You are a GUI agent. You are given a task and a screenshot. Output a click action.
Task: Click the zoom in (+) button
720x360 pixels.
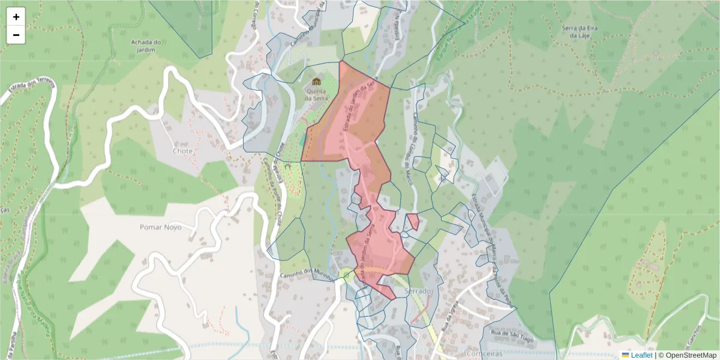pyautogui.click(x=16, y=17)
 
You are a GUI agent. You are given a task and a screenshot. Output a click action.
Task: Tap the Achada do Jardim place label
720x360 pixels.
pyautogui.click(x=146, y=46)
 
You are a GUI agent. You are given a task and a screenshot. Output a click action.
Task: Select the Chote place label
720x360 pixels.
pyautogui.click(x=182, y=151)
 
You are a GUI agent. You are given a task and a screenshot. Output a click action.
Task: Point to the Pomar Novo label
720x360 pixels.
pyautogui.click(x=160, y=227)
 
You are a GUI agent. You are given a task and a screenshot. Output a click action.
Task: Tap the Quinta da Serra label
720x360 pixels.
pyautogui.click(x=316, y=94)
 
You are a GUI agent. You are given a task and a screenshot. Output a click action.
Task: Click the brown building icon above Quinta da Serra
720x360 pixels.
pyautogui.click(x=316, y=81)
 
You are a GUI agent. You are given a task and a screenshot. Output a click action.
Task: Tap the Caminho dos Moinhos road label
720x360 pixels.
pyautogui.click(x=306, y=272)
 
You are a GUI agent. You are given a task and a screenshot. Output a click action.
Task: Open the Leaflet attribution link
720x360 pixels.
pyautogui.click(x=641, y=355)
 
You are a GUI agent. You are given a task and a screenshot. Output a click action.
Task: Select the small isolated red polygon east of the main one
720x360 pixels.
pyautogui.click(x=413, y=221)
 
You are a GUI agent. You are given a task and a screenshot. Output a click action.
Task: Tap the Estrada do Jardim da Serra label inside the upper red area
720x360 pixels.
pyautogui.click(x=358, y=108)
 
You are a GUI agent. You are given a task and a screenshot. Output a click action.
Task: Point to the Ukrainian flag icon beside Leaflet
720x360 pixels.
pyautogui.click(x=625, y=355)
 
